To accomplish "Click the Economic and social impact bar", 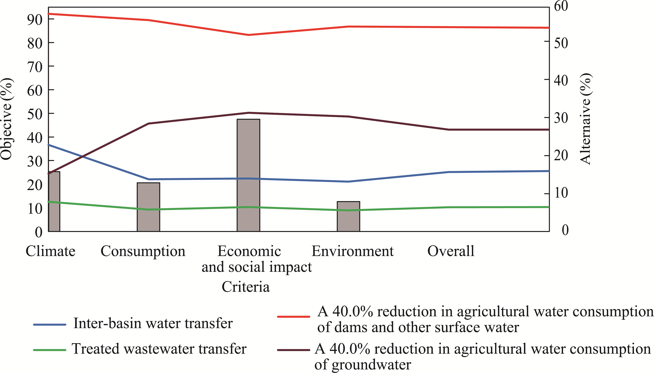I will coord(248,175).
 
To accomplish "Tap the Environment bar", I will coord(348,216).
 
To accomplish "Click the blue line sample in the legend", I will coord(50,325).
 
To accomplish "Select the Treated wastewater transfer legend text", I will coord(159,349).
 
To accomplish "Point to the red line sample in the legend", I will coord(293,317).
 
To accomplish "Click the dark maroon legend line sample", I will coord(293,350).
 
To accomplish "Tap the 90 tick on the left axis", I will coord(35,19).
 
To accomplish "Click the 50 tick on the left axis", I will coord(35,114).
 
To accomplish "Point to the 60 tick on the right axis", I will coord(561,6).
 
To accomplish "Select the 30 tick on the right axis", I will coord(561,118).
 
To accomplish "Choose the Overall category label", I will coord(451,251).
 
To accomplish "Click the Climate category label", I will coord(50,251).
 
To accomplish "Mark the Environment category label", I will coord(352,251).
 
